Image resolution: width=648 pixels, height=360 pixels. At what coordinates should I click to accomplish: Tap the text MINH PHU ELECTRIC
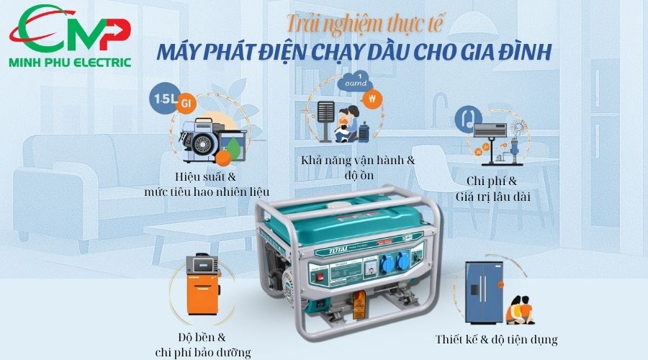point(70,63)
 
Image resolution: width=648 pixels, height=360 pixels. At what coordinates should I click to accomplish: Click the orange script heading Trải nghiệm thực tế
point(364,24)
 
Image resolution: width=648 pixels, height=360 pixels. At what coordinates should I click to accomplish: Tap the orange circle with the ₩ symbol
point(372,99)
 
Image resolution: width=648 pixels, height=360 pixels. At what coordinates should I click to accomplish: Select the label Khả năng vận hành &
point(358,161)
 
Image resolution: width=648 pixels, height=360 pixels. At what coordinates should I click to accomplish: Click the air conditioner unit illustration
point(490,130)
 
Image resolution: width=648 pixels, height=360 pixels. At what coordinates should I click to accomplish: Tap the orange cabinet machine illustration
point(202,285)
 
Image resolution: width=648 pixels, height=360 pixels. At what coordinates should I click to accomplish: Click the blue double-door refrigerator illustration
point(484,292)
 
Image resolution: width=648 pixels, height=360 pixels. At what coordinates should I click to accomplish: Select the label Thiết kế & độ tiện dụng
point(496,340)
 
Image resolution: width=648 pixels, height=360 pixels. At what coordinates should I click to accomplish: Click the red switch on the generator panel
point(320,276)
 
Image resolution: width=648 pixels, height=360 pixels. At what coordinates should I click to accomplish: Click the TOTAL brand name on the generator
point(328,251)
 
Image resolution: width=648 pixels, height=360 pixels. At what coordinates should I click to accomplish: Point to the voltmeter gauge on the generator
point(369,269)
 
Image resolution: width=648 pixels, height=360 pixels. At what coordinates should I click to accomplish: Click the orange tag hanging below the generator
point(359,305)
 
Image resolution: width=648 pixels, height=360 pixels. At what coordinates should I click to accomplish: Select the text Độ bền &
point(202,337)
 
